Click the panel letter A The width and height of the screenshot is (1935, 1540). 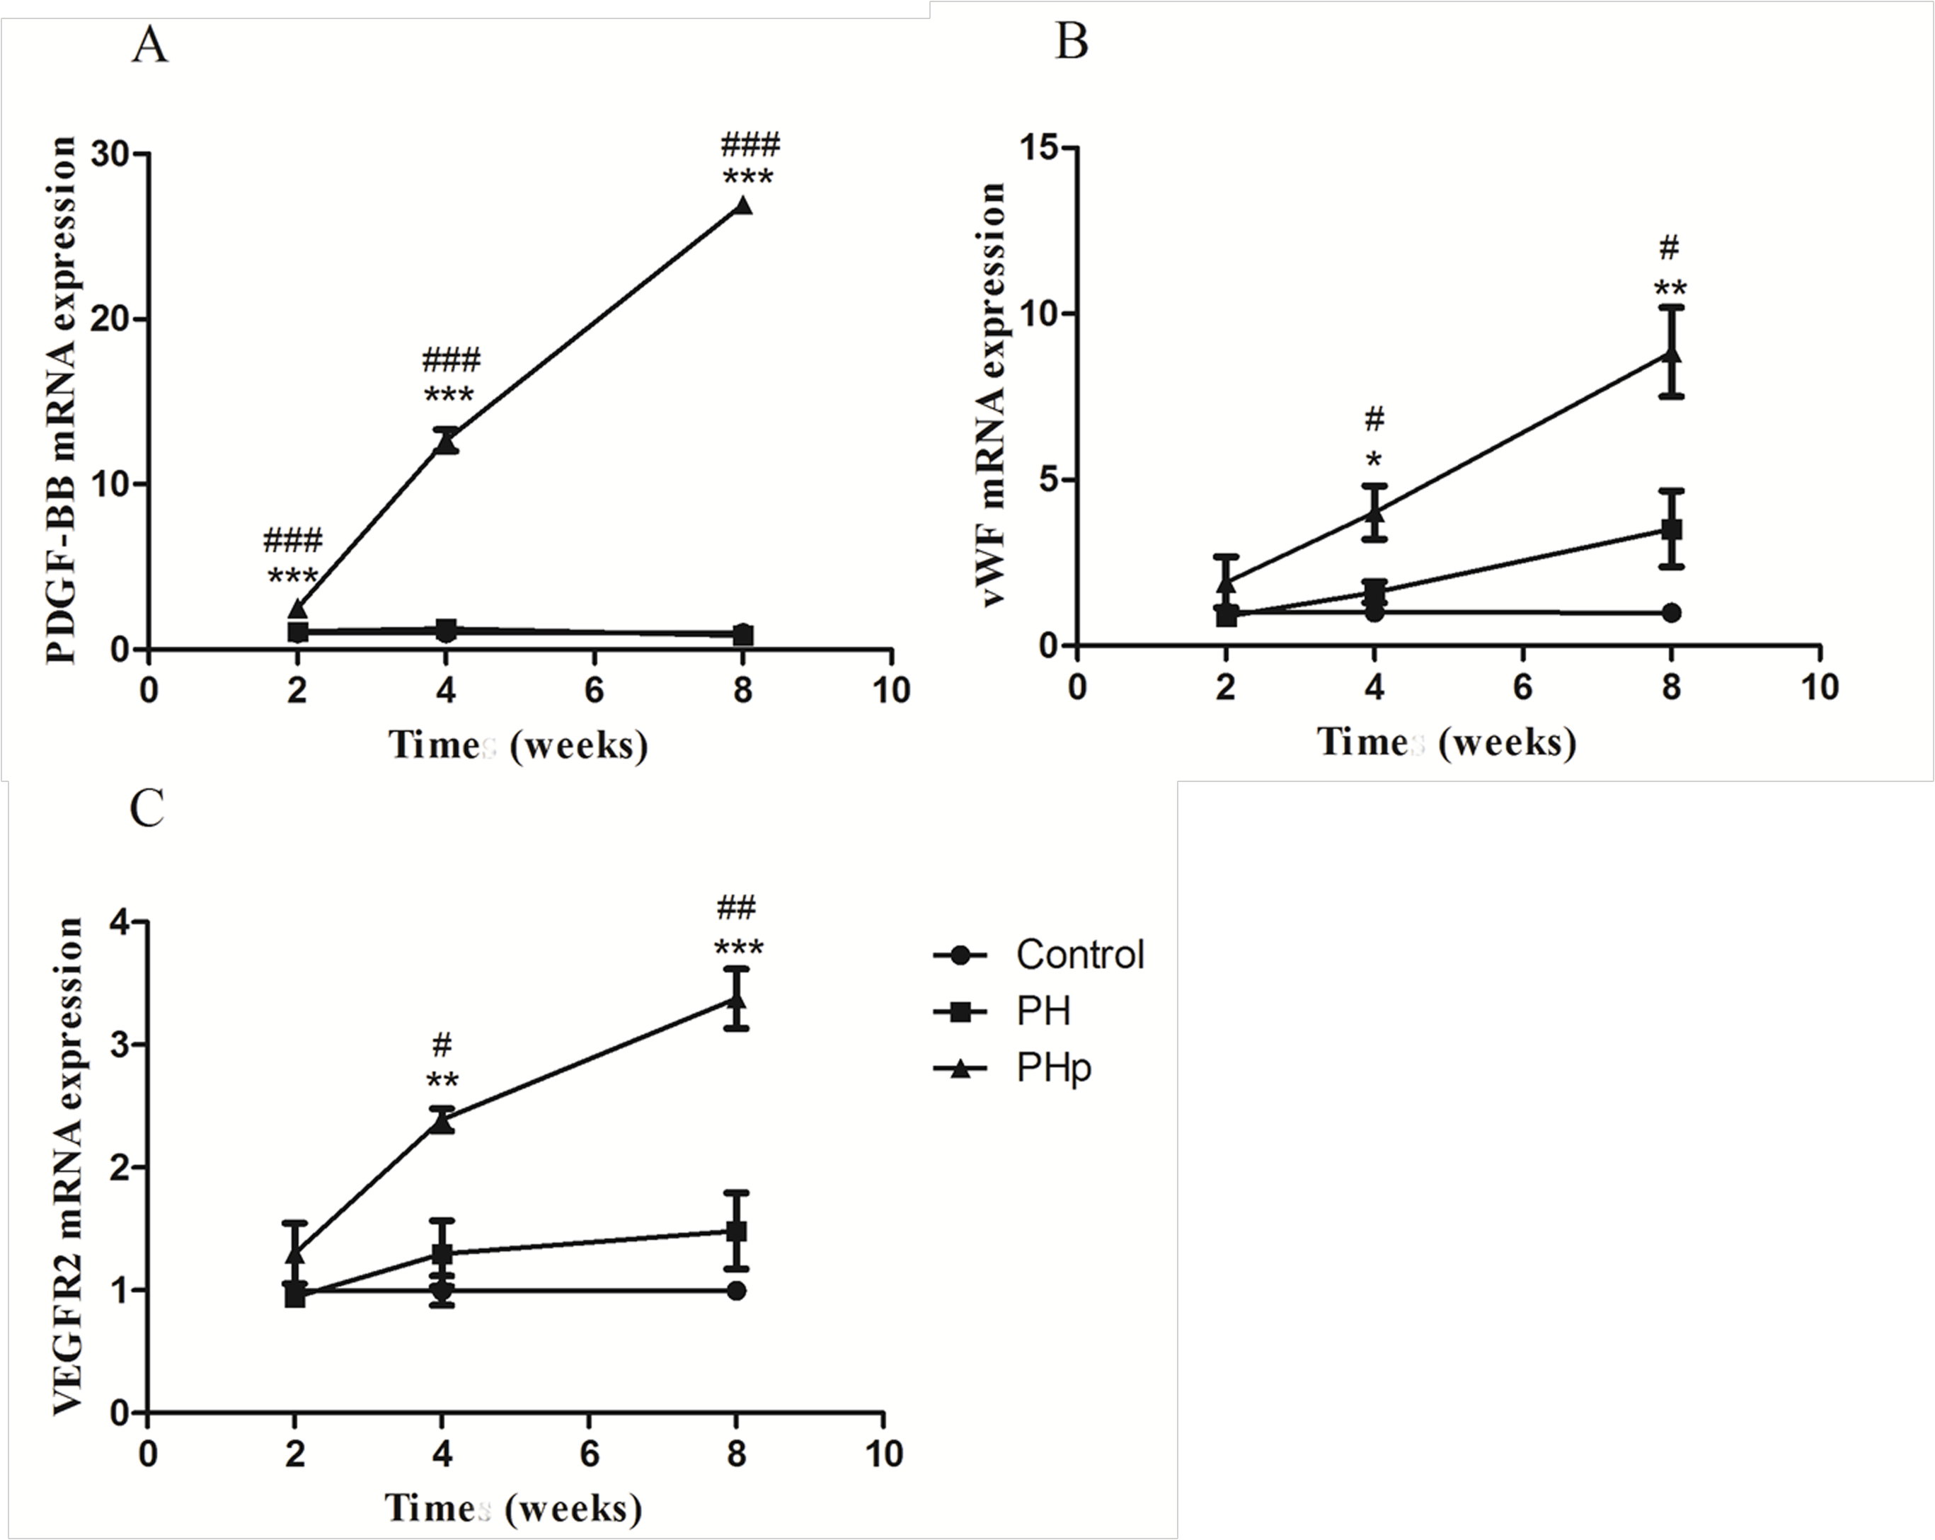coord(149,45)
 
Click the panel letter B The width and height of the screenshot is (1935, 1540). coord(1071,41)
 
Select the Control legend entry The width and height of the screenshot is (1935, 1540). coord(1080,955)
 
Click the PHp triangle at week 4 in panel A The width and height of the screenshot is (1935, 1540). coord(446,442)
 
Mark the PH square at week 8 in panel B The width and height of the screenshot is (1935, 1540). coord(1670,529)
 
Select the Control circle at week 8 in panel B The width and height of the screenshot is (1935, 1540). coord(1670,613)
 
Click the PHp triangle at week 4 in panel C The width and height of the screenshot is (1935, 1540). coord(442,1121)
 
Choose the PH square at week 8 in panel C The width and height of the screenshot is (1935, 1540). coord(736,1231)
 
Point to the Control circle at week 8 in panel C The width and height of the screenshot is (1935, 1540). coord(736,1290)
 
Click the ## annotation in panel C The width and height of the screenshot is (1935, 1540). coord(736,907)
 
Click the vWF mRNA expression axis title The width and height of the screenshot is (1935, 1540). coord(992,395)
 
